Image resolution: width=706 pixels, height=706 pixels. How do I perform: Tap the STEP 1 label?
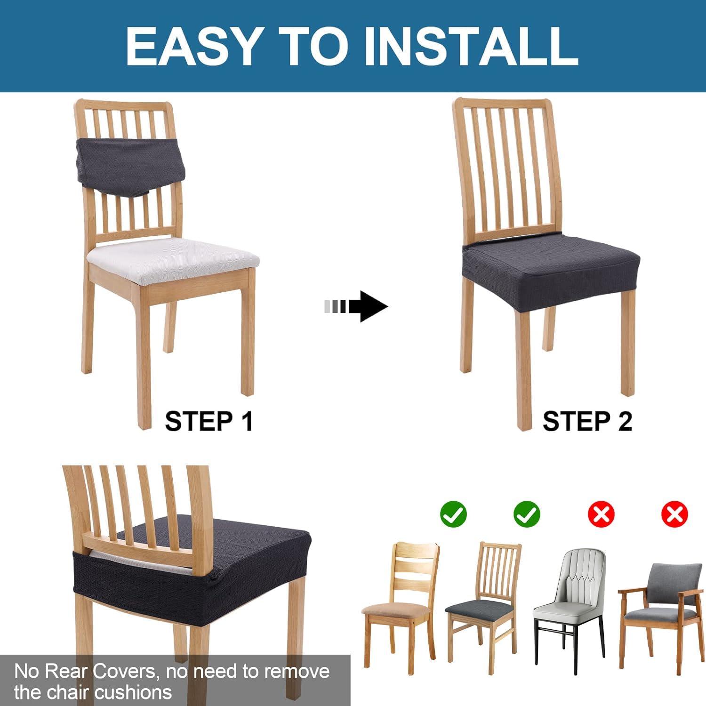point(209,421)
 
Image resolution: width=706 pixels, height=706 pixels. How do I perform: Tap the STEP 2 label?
point(587,421)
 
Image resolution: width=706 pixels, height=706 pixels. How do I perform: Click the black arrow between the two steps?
point(356,306)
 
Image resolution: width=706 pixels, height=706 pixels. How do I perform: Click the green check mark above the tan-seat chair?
point(453,513)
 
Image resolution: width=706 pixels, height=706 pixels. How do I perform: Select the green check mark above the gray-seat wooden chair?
point(527,513)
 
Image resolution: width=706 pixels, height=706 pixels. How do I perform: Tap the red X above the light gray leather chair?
point(601,513)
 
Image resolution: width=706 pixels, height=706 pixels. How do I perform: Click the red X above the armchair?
point(674,513)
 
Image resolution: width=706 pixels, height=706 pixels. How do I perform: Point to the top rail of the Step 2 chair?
point(503,103)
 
